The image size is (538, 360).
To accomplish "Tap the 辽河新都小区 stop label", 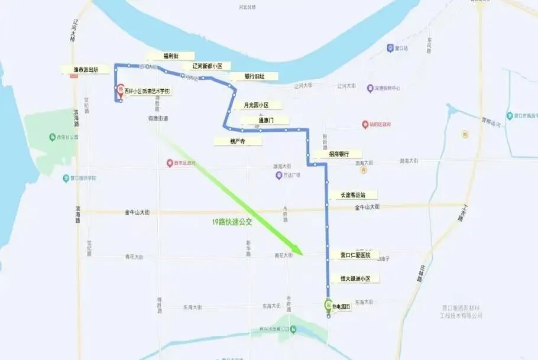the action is (x=207, y=66).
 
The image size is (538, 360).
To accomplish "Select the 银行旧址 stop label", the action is (x=254, y=76).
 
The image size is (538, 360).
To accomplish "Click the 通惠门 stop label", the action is (x=264, y=120).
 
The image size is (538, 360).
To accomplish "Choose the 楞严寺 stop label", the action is (x=238, y=141).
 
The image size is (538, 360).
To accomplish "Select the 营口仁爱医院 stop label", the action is (x=355, y=255).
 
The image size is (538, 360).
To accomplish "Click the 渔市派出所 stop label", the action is (x=90, y=69).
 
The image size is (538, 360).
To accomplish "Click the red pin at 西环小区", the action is (x=121, y=90).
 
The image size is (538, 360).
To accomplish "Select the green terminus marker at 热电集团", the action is (x=328, y=305).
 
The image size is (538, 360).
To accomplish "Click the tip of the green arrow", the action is (x=302, y=255).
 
